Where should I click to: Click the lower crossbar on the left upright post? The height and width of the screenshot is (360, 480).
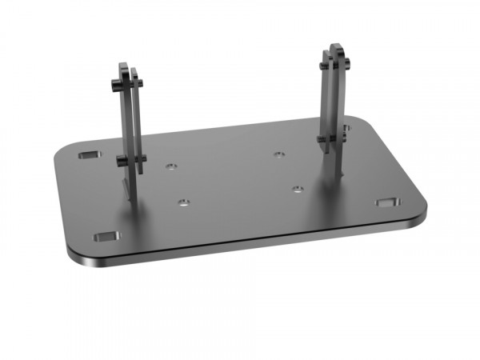point(131,161)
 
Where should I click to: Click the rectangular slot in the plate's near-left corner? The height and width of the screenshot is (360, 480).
point(105,238)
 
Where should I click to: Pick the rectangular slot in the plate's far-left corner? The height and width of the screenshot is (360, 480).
point(90,153)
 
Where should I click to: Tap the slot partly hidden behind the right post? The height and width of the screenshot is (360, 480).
point(346,127)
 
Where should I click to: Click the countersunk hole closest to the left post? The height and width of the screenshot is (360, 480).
point(170,167)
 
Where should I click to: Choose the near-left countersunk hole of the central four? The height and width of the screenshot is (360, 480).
point(184,202)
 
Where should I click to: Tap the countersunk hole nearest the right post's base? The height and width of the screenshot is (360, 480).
point(297,190)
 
